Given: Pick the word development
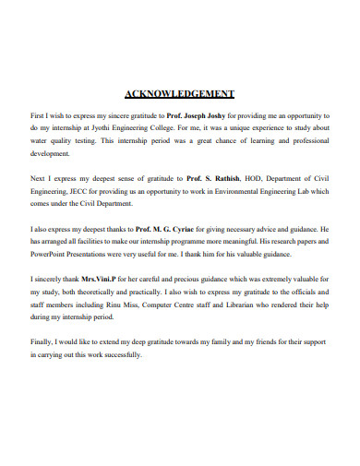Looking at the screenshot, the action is (52, 155).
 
